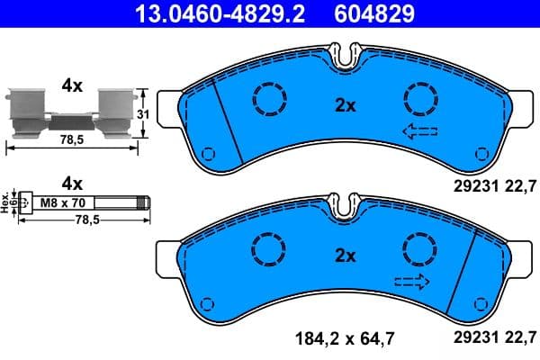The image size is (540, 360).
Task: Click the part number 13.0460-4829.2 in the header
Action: coord(207,13)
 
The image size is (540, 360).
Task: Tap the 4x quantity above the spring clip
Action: coord(71,86)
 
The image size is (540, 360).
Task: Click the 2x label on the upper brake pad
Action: coord(345,104)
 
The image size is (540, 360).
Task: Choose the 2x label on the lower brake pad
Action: coord(345,256)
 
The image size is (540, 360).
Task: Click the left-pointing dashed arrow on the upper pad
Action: coord(418,133)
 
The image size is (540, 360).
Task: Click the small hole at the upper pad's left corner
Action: coord(207,151)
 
